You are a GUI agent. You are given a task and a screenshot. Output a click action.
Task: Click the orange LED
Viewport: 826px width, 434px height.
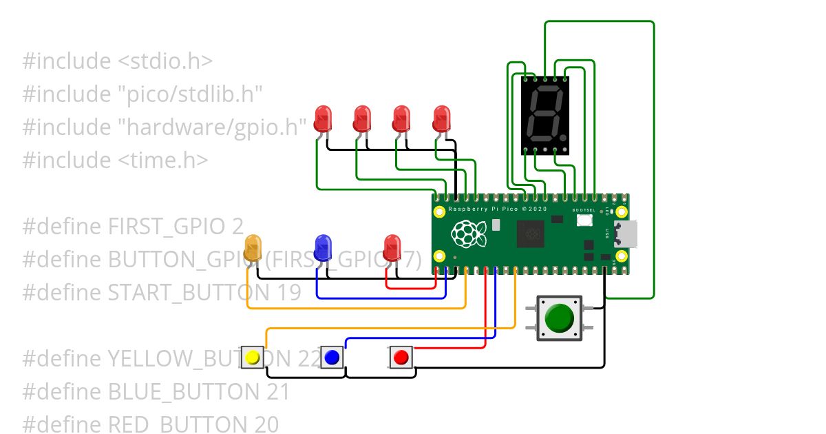(253, 247)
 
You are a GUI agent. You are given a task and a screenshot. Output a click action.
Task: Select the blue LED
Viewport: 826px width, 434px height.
(323, 247)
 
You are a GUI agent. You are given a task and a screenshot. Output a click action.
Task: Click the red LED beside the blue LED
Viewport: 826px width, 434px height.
(392, 247)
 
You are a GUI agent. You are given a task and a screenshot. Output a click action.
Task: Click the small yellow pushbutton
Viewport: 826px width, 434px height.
(253, 358)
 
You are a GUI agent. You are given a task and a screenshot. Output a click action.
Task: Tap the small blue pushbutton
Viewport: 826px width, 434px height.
(332, 358)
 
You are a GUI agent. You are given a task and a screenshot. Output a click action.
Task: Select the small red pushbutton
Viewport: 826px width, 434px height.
(401, 358)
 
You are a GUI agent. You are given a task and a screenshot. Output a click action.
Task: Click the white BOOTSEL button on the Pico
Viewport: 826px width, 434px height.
(585, 220)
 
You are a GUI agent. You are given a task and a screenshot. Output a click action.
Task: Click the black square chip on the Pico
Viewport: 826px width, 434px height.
(531, 233)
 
